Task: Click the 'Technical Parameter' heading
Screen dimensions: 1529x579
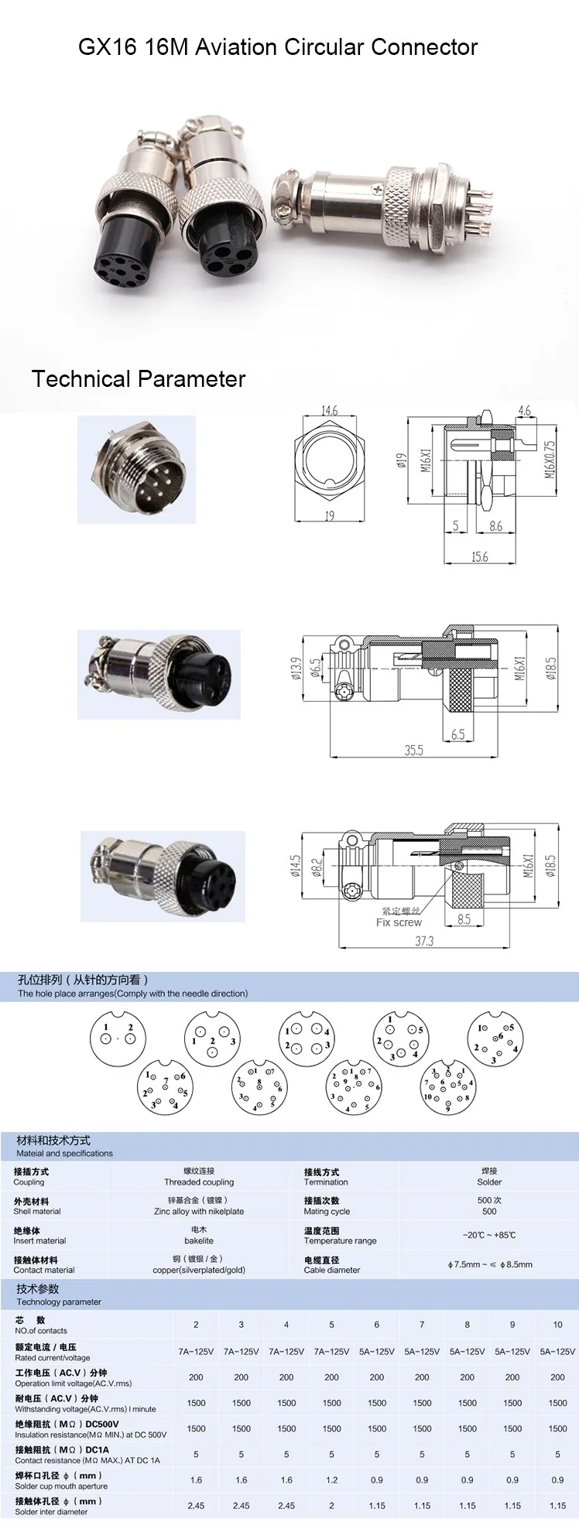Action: [x=139, y=379]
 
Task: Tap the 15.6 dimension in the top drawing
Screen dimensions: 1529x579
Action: [x=480, y=556]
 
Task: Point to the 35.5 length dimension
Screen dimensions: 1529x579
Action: [x=414, y=750]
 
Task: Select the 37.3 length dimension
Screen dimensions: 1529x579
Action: [x=424, y=941]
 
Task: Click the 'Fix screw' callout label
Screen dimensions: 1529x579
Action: [x=399, y=922]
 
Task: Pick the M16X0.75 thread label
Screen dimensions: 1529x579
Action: [x=550, y=459]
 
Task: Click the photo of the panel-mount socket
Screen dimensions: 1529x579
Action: [x=137, y=470]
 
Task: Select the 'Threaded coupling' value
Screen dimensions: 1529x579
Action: [x=199, y=1182]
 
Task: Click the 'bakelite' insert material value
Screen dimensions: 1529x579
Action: [x=199, y=1240]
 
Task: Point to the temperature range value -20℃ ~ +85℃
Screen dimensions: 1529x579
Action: [x=489, y=1235]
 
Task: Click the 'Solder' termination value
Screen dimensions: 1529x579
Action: [x=489, y=1182]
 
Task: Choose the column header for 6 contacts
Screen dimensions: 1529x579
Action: [x=377, y=1324]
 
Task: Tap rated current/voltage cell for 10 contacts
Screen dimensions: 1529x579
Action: [x=557, y=1351]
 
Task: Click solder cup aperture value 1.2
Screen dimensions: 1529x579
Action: [x=331, y=1479]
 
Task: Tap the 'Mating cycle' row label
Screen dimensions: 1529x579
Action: [x=327, y=1211]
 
